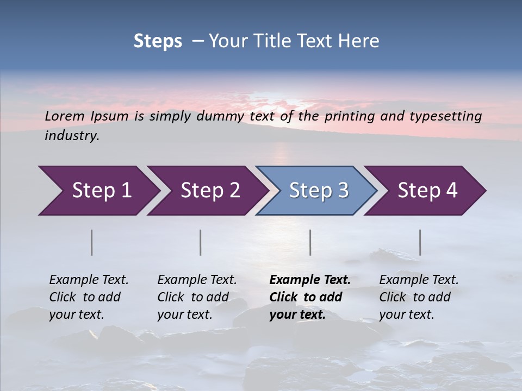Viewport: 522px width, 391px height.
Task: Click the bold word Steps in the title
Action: [158, 41]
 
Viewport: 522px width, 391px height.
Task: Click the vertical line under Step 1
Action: [91, 242]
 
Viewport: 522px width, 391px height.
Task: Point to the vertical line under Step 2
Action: [201, 242]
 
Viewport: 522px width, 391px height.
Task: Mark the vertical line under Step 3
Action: [310, 242]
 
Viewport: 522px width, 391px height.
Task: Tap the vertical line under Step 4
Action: [420, 242]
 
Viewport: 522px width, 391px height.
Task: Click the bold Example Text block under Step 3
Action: [309, 297]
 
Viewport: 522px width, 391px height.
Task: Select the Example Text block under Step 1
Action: [89, 297]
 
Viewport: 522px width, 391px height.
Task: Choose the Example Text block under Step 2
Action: [197, 297]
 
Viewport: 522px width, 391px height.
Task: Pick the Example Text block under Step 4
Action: [419, 297]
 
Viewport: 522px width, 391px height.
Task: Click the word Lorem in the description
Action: [65, 116]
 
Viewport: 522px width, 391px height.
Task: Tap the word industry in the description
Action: [71, 136]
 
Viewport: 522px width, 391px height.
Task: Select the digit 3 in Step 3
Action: [343, 191]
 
